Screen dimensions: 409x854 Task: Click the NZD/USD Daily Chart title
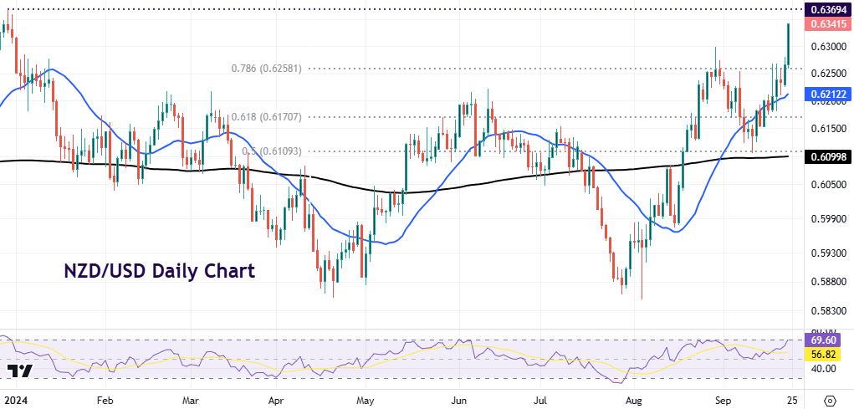click(160, 272)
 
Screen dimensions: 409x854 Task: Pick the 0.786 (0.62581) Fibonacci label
click(266, 69)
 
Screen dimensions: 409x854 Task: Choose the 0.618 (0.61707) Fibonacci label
click(266, 117)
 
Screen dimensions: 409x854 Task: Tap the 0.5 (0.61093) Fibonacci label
click(271, 151)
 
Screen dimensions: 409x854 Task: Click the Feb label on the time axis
click(105, 399)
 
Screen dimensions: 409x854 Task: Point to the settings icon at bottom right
click(829, 399)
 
